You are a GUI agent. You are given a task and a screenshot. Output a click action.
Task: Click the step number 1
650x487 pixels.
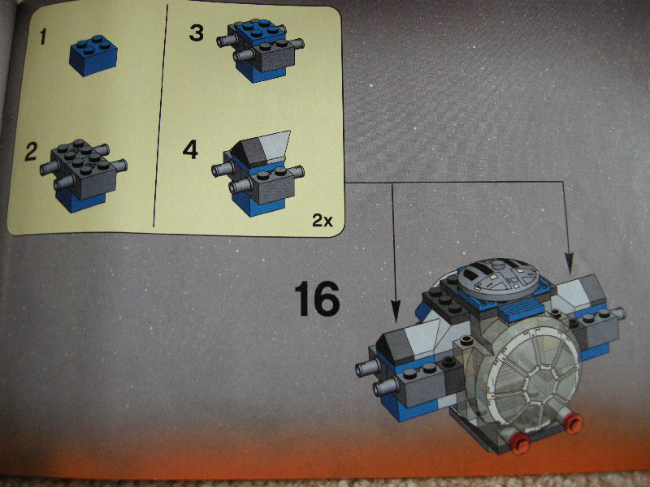coord(43,37)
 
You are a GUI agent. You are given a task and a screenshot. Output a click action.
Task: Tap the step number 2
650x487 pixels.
coord(31,152)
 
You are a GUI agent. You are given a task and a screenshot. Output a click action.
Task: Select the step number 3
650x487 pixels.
coord(197,33)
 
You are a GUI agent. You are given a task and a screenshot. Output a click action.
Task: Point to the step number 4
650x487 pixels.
coord(190,149)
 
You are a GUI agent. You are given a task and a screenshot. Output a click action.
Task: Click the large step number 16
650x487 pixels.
coord(317,299)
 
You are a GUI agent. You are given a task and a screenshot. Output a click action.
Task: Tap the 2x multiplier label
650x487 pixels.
coord(322,220)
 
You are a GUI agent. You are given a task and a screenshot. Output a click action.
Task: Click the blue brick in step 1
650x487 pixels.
coord(93,55)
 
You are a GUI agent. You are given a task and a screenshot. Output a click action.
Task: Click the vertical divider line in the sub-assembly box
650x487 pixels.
coord(160,116)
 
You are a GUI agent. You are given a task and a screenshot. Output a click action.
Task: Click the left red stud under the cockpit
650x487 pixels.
coord(520,443)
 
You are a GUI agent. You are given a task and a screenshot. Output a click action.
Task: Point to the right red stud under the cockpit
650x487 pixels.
coord(574,423)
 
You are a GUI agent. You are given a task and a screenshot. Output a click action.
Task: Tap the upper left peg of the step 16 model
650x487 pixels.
coord(368,368)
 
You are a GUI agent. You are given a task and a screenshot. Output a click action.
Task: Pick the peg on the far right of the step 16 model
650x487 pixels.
coord(619,313)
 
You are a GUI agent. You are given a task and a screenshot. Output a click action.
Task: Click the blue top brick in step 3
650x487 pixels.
coord(260,32)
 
